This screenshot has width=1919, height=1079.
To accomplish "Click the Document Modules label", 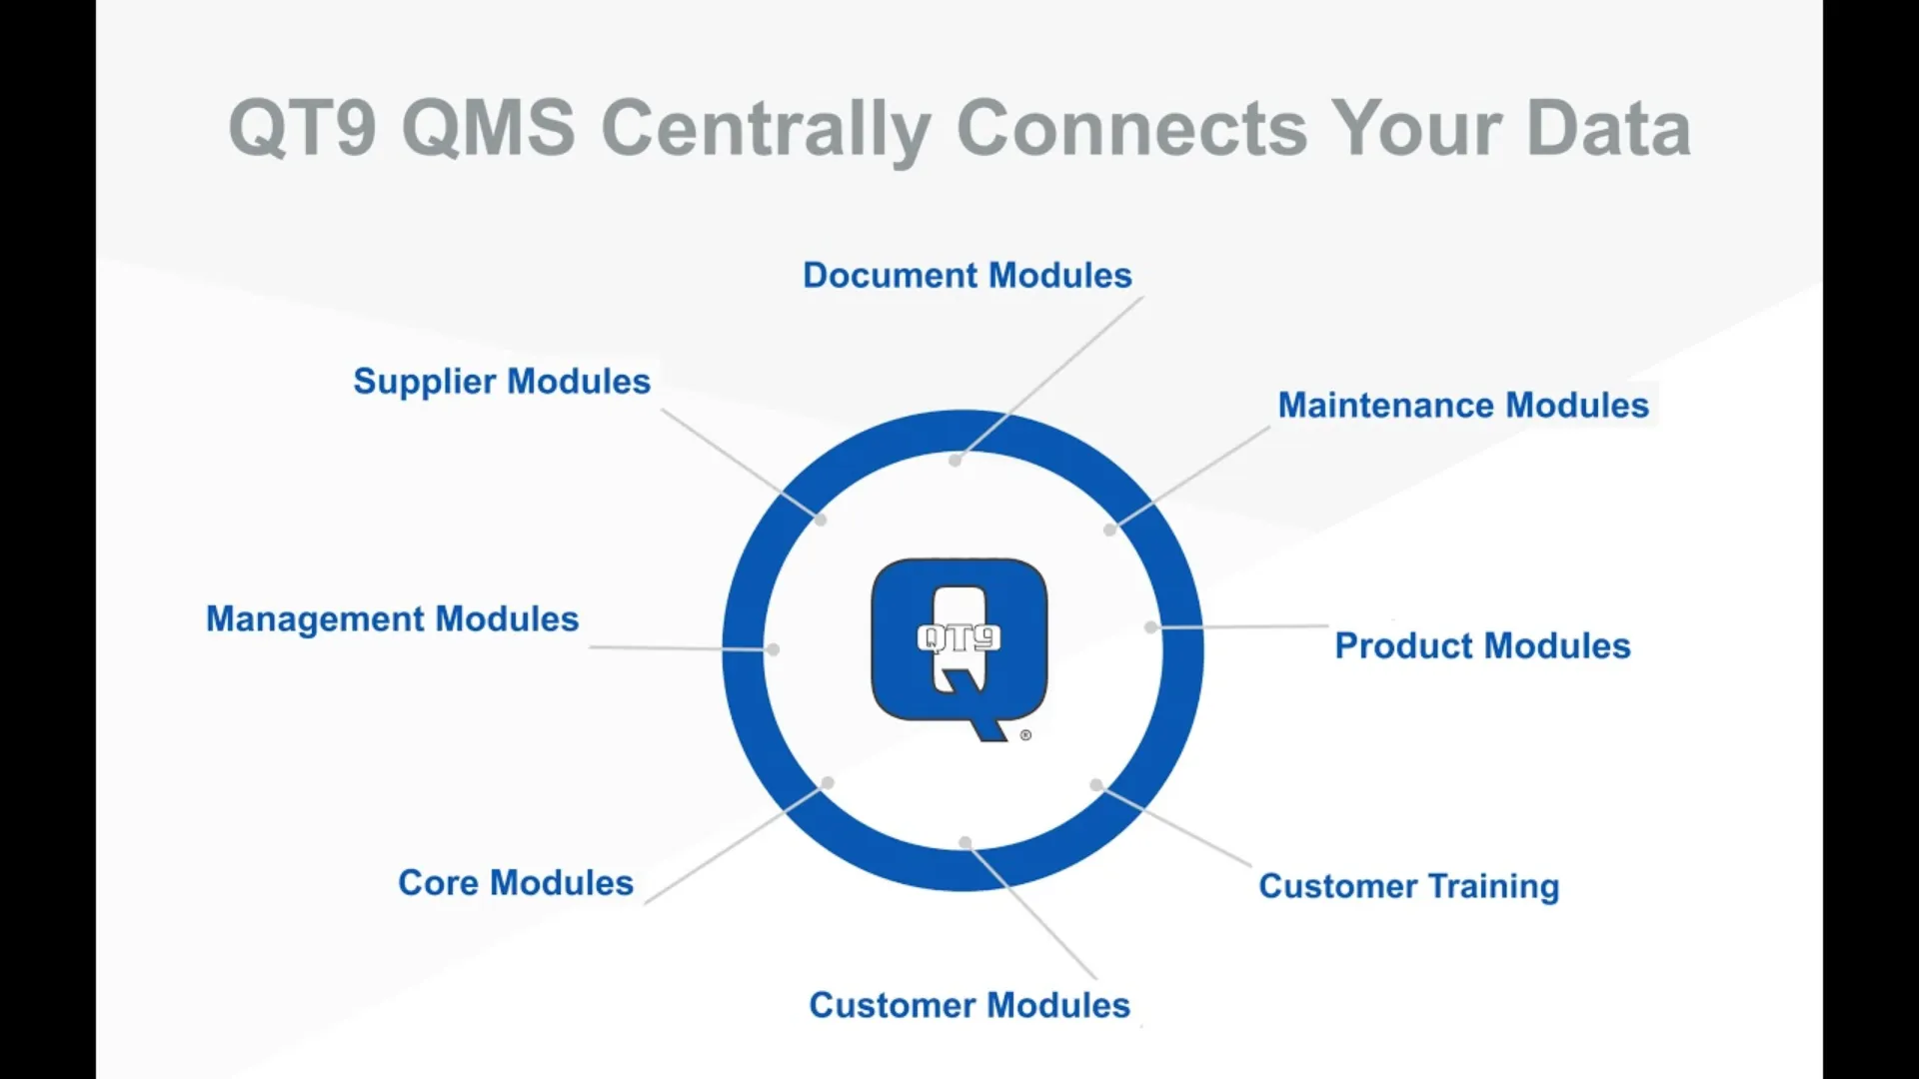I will (x=966, y=275).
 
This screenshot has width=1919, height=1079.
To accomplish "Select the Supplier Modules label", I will (x=501, y=381).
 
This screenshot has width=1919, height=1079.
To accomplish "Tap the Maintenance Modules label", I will (x=1462, y=405).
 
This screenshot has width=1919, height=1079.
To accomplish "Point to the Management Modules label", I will (x=392, y=618).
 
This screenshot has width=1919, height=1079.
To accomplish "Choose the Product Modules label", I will (x=1482, y=645).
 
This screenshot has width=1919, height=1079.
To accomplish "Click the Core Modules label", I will (x=515, y=882).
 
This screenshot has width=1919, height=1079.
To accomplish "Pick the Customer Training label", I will (x=1408, y=885).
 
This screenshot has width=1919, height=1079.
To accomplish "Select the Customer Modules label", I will (x=968, y=1004).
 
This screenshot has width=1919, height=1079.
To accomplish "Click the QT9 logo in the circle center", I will (x=959, y=644).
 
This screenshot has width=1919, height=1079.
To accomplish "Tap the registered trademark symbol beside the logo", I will (x=1025, y=735).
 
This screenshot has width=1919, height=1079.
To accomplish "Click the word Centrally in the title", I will (x=766, y=128).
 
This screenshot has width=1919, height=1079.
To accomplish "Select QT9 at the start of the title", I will (x=302, y=128).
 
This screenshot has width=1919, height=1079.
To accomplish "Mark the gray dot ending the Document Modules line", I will (x=956, y=461).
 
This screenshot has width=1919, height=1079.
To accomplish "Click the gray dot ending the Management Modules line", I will (x=773, y=649).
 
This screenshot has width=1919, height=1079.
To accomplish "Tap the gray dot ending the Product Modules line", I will (x=1150, y=627).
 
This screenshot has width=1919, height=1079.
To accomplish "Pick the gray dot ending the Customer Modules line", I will (x=965, y=843).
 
